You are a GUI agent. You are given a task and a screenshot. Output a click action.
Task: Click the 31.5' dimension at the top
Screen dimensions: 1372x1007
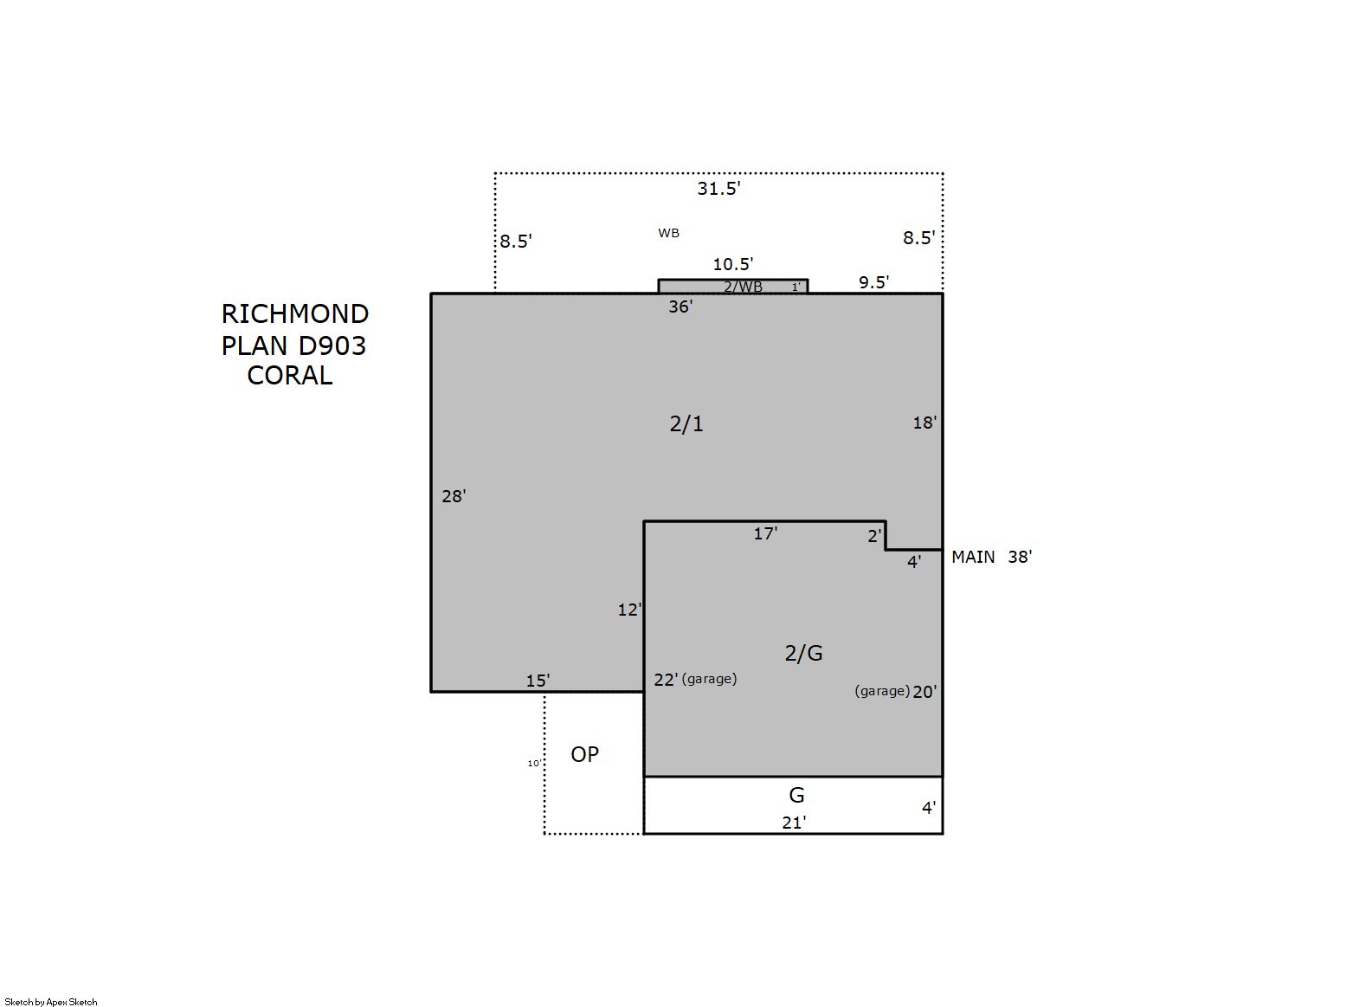coord(719,188)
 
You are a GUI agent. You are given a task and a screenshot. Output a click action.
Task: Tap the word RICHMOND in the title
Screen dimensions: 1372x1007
coord(294,314)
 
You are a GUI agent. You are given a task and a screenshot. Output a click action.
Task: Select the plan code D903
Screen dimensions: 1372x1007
coord(332,346)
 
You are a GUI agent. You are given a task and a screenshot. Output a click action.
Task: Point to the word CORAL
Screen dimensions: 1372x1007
coord(290,376)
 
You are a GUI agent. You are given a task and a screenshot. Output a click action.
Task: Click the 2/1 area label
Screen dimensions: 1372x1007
coord(686,423)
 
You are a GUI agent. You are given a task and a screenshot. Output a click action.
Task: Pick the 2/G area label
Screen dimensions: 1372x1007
coord(803,654)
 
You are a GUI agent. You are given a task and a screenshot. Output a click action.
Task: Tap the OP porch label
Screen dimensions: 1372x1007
coord(585,755)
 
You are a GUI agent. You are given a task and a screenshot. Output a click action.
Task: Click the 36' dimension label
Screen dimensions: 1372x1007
coord(680,307)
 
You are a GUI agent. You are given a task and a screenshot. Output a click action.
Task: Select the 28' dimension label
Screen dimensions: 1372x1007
coord(454,496)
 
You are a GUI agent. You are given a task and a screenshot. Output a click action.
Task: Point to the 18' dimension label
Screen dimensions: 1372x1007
coord(924,423)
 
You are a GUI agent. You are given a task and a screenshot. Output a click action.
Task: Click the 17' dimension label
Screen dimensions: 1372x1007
coord(765,533)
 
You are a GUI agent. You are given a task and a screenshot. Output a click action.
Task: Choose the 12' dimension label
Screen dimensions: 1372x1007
coord(629,610)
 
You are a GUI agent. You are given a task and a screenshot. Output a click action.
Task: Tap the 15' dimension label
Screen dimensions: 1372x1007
coord(538,681)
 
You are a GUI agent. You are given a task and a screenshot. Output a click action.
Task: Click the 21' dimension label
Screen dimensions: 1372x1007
coord(794,823)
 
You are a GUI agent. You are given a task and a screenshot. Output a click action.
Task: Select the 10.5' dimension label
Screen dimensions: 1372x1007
coord(733,264)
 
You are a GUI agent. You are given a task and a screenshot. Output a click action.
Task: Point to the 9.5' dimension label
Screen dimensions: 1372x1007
coord(874,281)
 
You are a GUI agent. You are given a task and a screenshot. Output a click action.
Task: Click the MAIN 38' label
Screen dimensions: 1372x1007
coord(992,557)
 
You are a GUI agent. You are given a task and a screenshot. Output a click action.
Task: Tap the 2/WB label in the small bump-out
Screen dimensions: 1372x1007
coord(743,287)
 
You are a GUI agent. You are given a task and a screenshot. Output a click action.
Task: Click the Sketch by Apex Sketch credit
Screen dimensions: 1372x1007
coord(51,1002)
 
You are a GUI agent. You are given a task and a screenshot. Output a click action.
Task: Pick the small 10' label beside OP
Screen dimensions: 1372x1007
coord(534,763)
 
